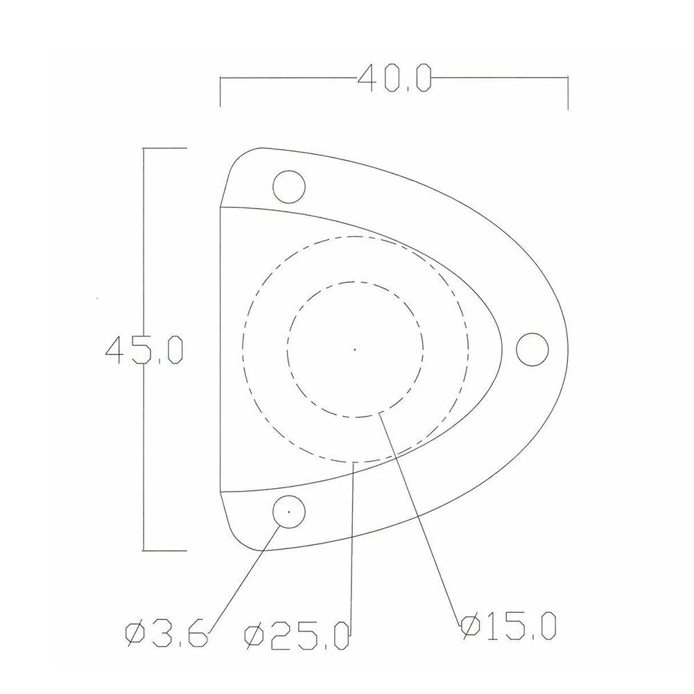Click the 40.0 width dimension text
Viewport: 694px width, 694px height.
394,78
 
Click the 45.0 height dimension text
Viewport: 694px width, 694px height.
144,350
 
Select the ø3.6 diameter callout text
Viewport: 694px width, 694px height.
166,634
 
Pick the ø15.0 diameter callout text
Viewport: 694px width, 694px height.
508,626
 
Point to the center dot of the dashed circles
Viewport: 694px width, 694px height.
355,349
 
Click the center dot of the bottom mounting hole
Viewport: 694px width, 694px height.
289,512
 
